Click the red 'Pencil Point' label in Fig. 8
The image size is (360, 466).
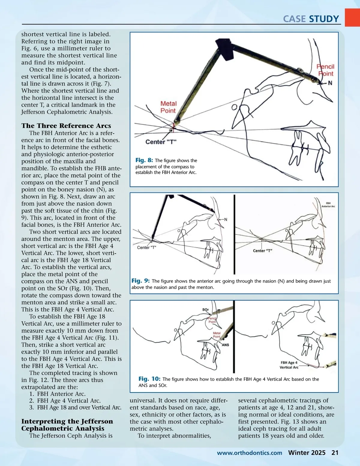pyautogui.click(x=325, y=70)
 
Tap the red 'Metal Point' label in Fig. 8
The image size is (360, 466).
pyautogui.click(x=168, y=107)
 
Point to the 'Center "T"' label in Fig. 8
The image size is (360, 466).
pyautogui.click(x=161, y=142)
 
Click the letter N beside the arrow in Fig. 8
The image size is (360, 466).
pyautogui.click(x=330, y=83)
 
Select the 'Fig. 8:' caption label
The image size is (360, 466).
pyautogui.click(x=144, y=160)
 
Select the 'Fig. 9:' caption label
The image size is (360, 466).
pyautogui.click(x=140, y=281)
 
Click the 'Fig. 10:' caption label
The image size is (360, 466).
pyautogui.click(x=149, y=379)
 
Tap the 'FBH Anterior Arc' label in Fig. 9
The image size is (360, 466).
pyautogui.click(x=328, y=205)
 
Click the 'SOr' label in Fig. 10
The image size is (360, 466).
pyautogui.click(x=205, y=310)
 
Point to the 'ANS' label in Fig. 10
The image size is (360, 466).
pyautogui.click(x=225, y=345)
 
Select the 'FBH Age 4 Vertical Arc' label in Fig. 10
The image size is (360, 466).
pyautogui.click(x=289, y=365)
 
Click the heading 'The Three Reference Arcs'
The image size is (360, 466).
pyautogui.click(x=66, y=126)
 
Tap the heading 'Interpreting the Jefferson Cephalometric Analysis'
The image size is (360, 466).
pyautogui.click(x=67, y=425)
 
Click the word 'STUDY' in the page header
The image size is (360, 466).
pyautogui.click(x=324, y=19)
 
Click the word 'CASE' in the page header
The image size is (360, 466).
pyautogui.click(x=294, y=19)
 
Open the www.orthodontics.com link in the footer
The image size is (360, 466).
pyautogui.click(x=249, y=453)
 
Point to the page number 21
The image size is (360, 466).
pyautogui.click(x=335, y=453)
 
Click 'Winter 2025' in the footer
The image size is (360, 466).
pyautogui.click(x=307, y=453)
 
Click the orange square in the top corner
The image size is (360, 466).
pyautogui.click(x=352, y=17)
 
